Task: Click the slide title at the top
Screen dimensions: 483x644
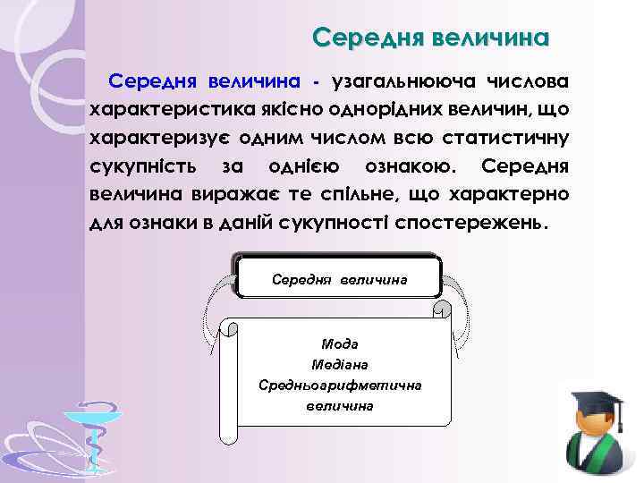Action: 430,38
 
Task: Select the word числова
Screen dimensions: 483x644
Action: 528,82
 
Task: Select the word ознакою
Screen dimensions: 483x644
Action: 404,166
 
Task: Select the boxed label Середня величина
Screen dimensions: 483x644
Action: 339,280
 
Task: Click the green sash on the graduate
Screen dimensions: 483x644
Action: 597,462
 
